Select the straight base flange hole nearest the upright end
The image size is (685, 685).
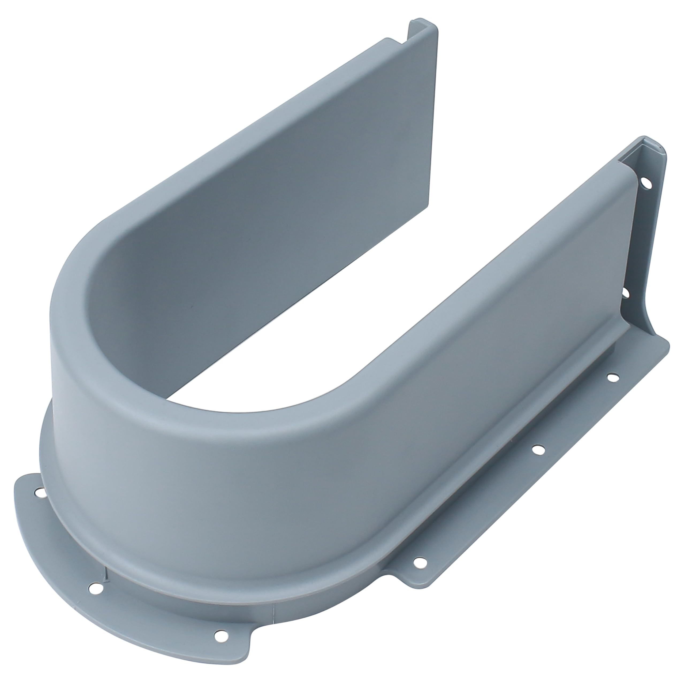click(x=612, y=377)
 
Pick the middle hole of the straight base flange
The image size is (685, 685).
click(x=539, y=450)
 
